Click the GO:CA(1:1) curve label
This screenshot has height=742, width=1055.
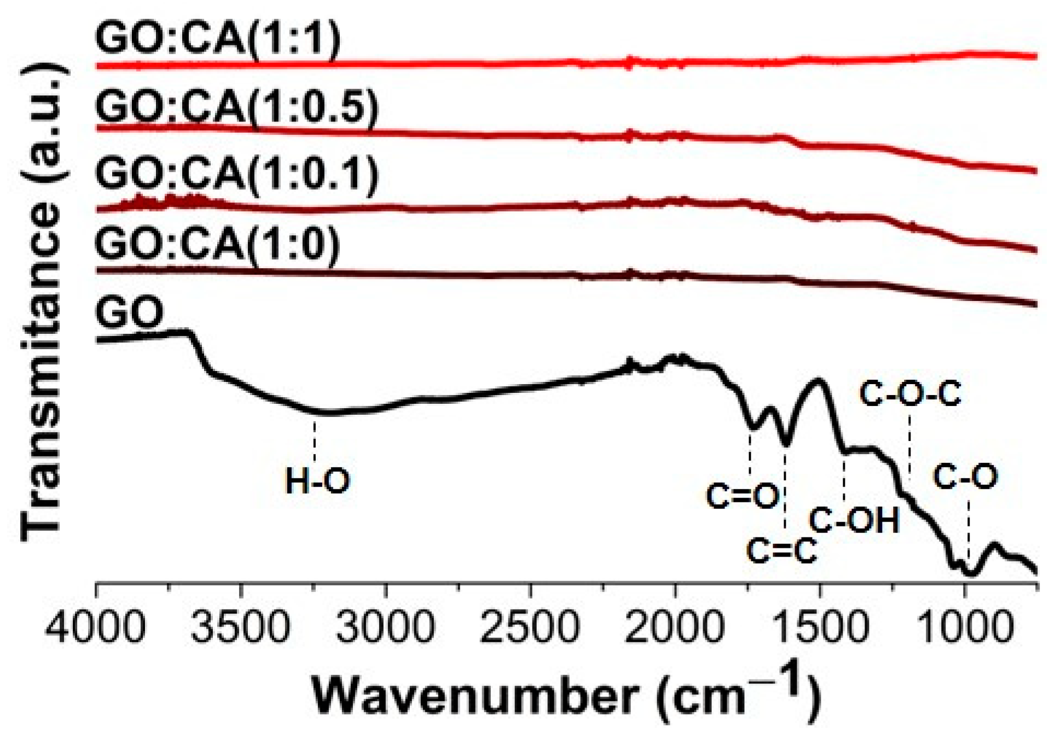pos(217,39)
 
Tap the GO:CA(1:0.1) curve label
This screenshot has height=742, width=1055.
pos(236,175)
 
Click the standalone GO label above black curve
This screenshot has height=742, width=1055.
pos(129,313)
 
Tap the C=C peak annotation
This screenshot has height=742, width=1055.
pos(782,551)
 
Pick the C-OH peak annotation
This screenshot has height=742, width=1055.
pos(854,520)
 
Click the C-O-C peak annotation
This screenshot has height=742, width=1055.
pos(909,395)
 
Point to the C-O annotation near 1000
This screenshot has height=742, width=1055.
pos(965,477)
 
